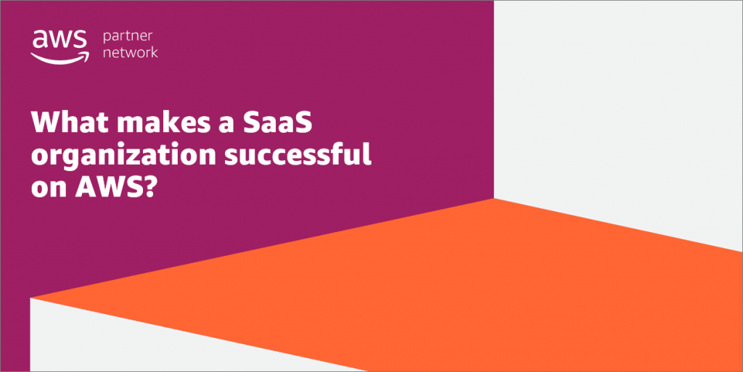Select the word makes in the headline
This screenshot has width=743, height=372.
162,123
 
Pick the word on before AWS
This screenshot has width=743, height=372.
46,189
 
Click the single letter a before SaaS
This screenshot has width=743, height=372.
226,124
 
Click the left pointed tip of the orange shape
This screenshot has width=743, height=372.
33,297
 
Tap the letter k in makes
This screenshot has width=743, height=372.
170,123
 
